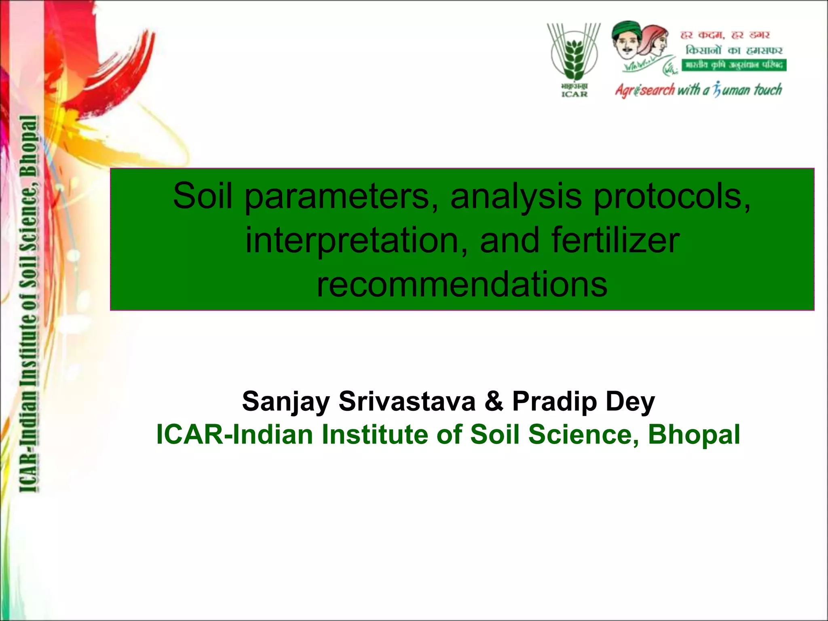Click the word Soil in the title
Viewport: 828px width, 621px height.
point(203,196)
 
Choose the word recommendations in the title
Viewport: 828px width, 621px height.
point(462,285)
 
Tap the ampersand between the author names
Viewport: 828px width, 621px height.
point(494,401)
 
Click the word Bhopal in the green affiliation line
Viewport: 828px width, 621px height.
point(694,435)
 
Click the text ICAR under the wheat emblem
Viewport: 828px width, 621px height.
point(574,94)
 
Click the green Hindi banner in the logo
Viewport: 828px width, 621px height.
point(734,65)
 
